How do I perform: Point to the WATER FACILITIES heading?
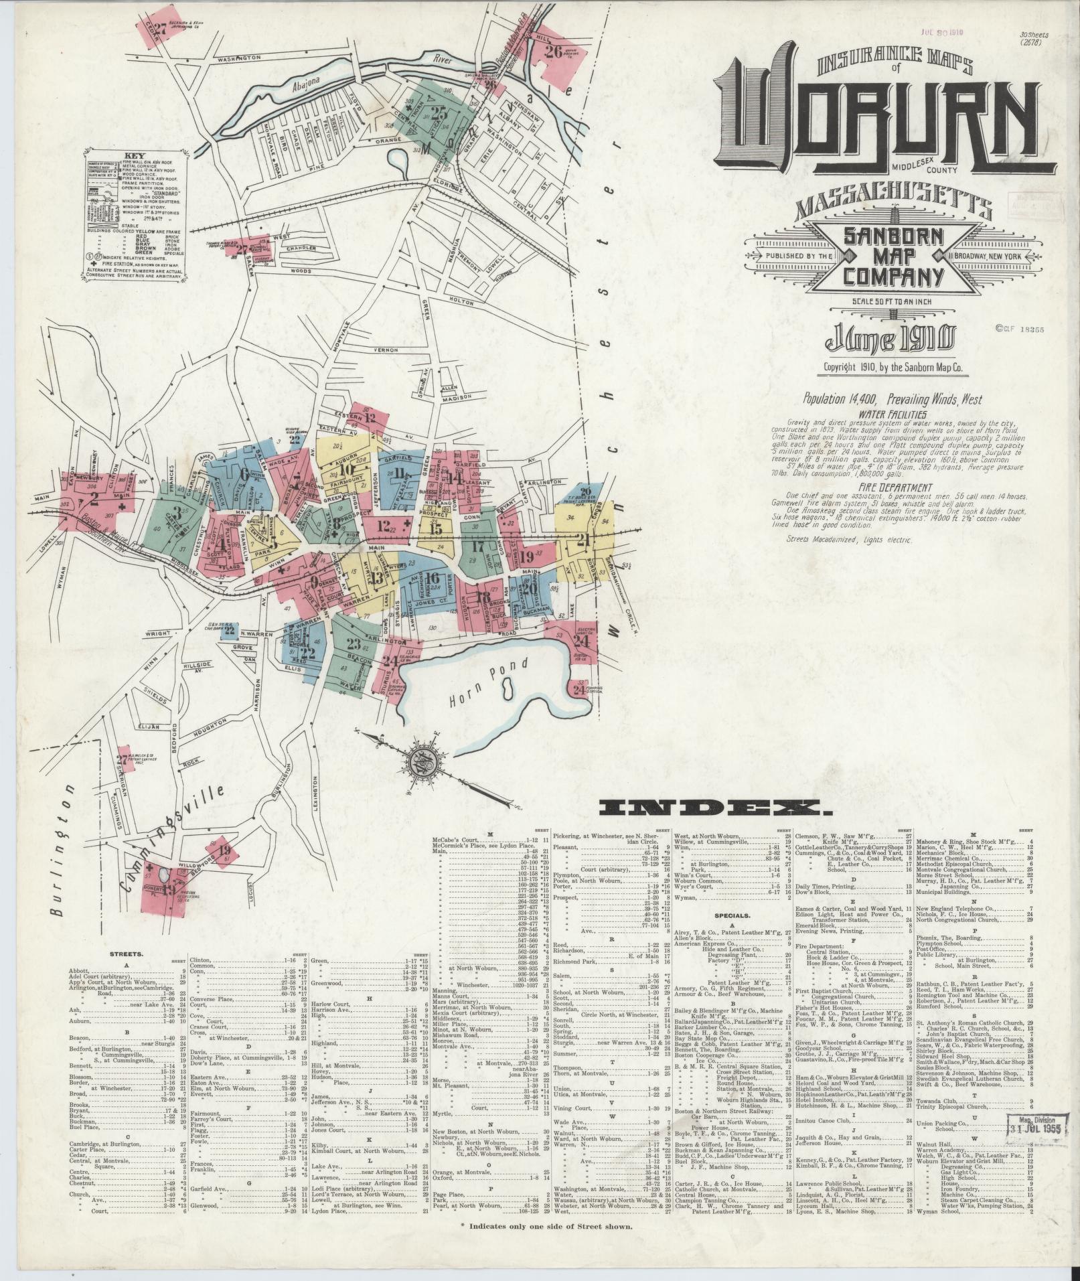[884, 415]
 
